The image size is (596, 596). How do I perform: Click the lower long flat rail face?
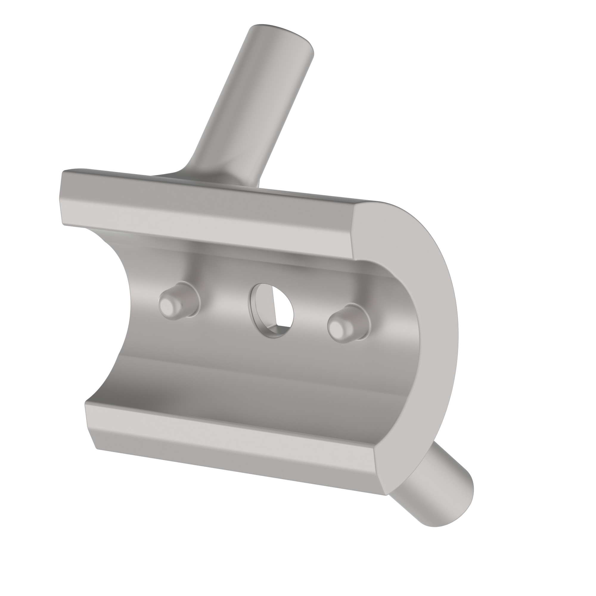tap(228, 432)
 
